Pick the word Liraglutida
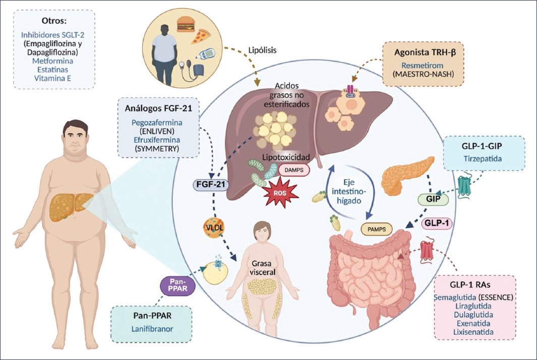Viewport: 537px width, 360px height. [473, 306]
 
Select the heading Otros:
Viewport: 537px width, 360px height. [54, 21]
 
